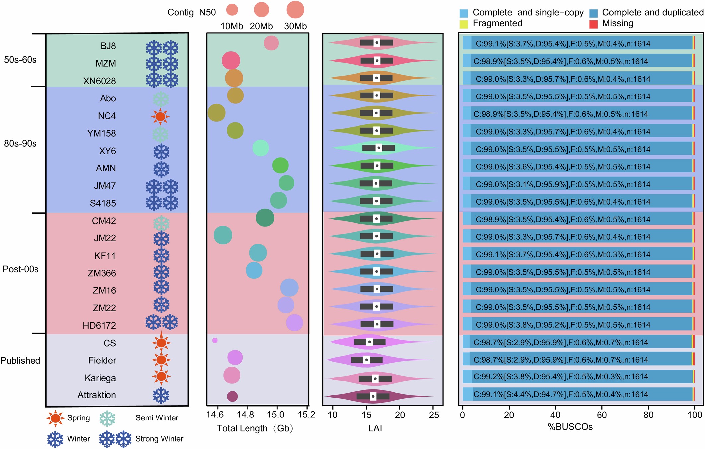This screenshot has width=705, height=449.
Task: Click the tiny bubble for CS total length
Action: pos(215,340)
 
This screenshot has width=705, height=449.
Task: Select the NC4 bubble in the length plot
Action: pos(217,113)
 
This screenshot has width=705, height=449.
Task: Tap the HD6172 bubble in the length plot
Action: pos(294,323)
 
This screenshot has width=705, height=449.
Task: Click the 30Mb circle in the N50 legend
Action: pos(295,10)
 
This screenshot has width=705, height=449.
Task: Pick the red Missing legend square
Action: pos(593,24)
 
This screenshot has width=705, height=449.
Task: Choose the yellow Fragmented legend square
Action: pos(464,24)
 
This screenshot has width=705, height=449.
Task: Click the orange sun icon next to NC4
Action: pos(160,116)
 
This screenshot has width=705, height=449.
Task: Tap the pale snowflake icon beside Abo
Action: pos(161,99)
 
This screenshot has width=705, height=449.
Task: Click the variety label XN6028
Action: pos(100,81)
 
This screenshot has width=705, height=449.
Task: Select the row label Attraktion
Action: pos(97,395)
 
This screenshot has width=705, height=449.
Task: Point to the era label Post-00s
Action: pos(21,269)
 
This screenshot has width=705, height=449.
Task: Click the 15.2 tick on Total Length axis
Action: pos(307,415)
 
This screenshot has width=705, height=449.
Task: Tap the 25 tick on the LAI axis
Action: pos(434,415)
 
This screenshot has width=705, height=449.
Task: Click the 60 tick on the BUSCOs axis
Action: pos(601,415)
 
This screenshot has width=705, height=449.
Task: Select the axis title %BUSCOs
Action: pos(570,427)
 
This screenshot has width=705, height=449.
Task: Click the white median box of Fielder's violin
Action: pos(366,360)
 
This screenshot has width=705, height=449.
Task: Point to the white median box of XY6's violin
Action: pos(379,148)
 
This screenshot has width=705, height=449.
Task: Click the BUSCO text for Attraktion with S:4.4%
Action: pos(561,394)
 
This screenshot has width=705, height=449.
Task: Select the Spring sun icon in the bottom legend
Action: pos(55,418)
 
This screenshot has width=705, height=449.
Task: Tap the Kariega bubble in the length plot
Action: pos(232,375)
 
